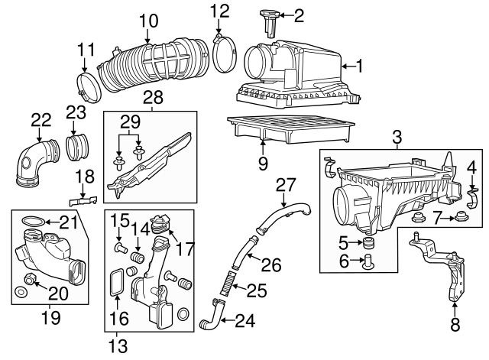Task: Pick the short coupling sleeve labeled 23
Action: pyautogui.click(x=79, y=146)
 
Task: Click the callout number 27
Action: pyautogui.click(x=285, y=184)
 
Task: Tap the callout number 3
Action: pyautogui.click(x=397, y=138)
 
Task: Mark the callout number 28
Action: pyautogui.click(x=153, y=98)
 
